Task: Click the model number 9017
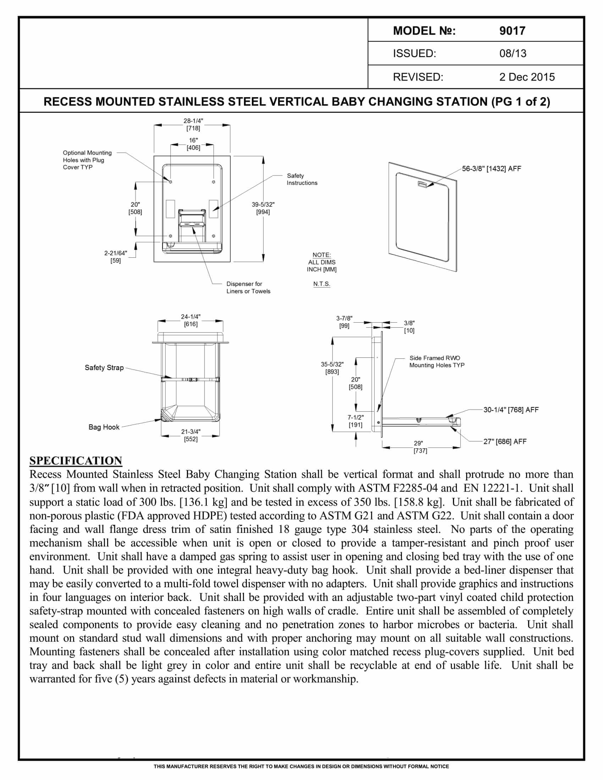[x=512, y=31]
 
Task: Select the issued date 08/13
[x=513, y=54]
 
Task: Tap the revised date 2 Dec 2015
[x=527, y=77]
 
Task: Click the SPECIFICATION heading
[x=76, y=461]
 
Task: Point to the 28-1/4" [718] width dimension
[x=193, y=125]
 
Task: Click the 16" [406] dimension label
[x=193, y=144]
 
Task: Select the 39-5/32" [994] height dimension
[x=263, y=208]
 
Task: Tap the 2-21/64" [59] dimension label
[x=115, y=257]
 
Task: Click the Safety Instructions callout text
[x=302, y=179]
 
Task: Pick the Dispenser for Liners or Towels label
[x=248, y=288]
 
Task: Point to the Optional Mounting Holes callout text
[x=87, y=160]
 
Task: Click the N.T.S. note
[x=321, y=284]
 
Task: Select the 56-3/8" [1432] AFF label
[x=491, y=168]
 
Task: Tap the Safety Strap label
[x=104, y=368]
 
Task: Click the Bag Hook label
[x=104, y=427]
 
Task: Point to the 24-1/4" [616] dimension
[x=191, y=321]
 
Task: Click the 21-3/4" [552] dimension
[x=191, y=435]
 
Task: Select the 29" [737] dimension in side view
[x=420, y=447]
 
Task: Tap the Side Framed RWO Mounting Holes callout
[x=437, y=361]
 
